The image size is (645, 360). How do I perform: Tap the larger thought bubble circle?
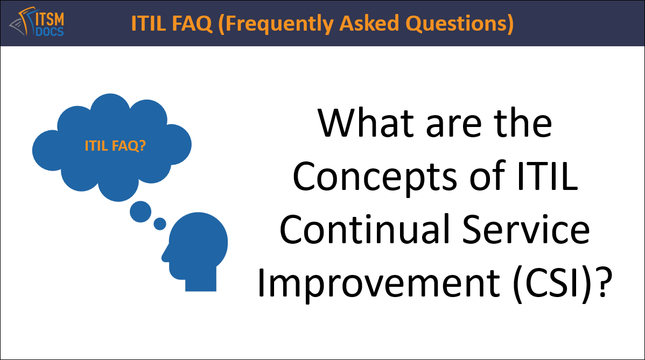(x=141, y=211)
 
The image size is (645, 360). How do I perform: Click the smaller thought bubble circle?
(x=160, y=223)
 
